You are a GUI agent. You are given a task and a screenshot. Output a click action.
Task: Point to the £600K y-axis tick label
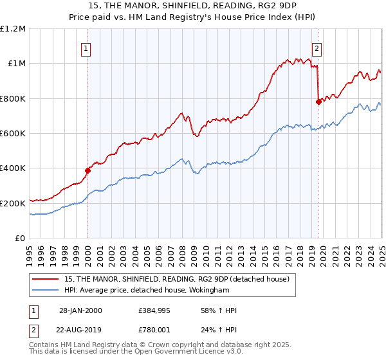click(x=14, y=134)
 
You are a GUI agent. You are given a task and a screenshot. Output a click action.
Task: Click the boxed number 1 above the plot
click(x=86, y=47)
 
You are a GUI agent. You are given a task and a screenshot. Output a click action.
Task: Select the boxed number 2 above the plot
click(x=317, y=47)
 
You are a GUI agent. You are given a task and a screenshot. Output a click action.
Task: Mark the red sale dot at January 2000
click(x=88, y=170)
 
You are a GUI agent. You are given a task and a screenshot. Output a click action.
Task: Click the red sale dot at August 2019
click(x=318, y=102)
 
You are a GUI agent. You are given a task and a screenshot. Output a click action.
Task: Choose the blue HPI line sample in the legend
click(x=46, y=290)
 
